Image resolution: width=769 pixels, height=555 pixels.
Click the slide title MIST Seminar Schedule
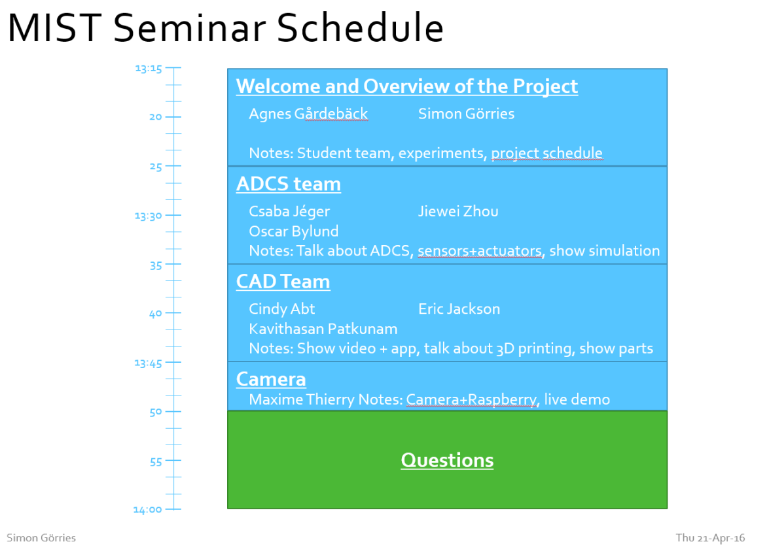pyautogui.click(x=226, y=27)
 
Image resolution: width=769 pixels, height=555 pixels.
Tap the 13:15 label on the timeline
pyautogui.click(x=149, y=69)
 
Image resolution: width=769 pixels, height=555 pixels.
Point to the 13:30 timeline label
pyautogui.click(x=148, y=216)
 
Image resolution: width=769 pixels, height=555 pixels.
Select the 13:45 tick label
pyautogui.click(x=148, y=363)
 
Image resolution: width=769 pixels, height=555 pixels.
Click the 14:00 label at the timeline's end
pyautogui.click(x=148, y=510)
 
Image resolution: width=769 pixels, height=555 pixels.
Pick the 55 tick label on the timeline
pyautogui.click(x=156, y=462)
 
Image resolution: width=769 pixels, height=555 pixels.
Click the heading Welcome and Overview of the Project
pyautogui.click(x=407, y=86)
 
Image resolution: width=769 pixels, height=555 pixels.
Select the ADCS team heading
pyautogui.click(x=289, y=184)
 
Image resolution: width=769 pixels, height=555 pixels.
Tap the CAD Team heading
pyautogui.click(x=283, y=282)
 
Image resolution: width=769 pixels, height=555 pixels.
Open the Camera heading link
pyautogui.click(x=271, y=379)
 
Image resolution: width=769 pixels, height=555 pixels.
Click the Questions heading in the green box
pyautogui.click(x=447, y=460)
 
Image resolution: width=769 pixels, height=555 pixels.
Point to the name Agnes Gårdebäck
pyautogui.click(x=308, y=114)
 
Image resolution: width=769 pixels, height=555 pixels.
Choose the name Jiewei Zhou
pyautogui.click(x=458, y=211)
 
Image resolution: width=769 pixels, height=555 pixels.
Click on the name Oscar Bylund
pyautogui.click(x=294, y=231)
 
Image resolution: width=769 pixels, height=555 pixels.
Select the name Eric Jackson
pyautogui.click(x=459, y=309)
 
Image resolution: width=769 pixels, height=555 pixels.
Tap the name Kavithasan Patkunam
pyautogui.click(x=323, y=329)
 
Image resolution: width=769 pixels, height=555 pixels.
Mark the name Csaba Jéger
pyautogui.click(x=289, y=212)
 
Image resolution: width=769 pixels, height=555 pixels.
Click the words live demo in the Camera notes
pyautogui.click(x=577, y=399)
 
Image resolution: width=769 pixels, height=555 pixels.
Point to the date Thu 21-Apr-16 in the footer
pyautogui.click(x=710, y=538)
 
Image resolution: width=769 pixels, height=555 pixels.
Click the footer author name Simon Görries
pyautogui.click(x=41, y=538)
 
